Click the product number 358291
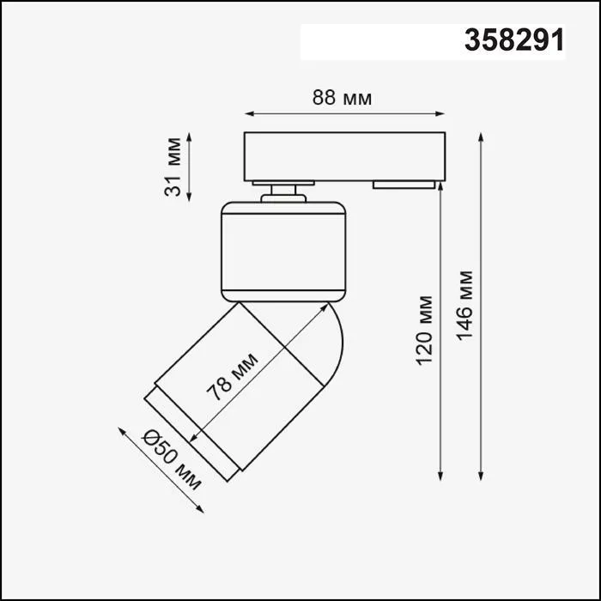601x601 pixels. tap(514, 40)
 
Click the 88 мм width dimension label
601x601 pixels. tap(342, 98)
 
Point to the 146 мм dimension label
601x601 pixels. tap(464, 305)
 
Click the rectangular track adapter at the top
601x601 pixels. tap(344, 155)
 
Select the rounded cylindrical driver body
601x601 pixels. tap(284, 251)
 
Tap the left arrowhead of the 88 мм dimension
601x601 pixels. tap(249, 112)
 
